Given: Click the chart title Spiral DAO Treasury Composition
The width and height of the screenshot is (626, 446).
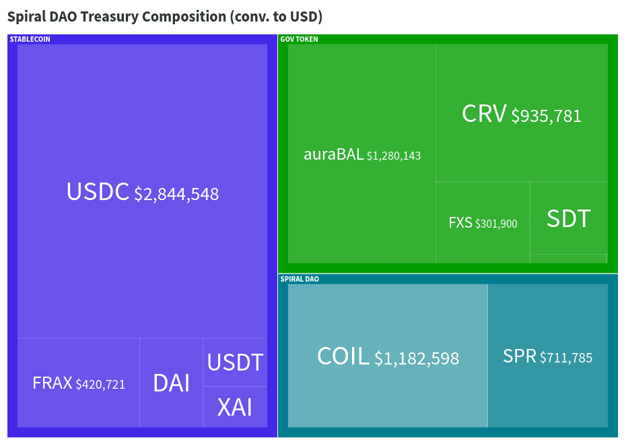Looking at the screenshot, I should [165, 16].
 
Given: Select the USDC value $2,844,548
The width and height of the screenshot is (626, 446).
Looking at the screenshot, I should [176, 195].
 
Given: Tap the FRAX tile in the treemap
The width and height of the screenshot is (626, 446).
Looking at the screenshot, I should [78, 383].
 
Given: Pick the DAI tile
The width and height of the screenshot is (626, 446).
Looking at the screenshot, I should [171, 383].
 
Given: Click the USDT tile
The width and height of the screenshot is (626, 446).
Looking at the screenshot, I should [235, 362].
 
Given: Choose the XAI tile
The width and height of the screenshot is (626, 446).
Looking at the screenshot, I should [235, 407].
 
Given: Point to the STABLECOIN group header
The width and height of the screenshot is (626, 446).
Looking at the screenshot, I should [30, 39].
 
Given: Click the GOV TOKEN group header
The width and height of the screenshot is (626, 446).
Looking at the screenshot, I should [299, 39].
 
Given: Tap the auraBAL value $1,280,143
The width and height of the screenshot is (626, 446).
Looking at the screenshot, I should [394, 156].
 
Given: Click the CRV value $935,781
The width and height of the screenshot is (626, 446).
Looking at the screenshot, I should [546, 116].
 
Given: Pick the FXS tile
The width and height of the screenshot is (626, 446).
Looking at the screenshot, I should [483, 222].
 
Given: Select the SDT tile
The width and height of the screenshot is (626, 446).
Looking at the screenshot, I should [569, 218].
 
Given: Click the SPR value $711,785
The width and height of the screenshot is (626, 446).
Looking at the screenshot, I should [566, 358].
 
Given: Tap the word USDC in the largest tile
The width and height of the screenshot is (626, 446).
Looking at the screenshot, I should [98, 192].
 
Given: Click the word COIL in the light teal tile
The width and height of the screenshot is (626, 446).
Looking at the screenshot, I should [343, 356].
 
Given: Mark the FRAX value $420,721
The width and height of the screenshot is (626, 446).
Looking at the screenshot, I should [100, 385].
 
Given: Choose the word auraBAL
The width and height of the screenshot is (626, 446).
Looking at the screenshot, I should [333, 154].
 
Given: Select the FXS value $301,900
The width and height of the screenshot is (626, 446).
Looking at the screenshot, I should [496, 224].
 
